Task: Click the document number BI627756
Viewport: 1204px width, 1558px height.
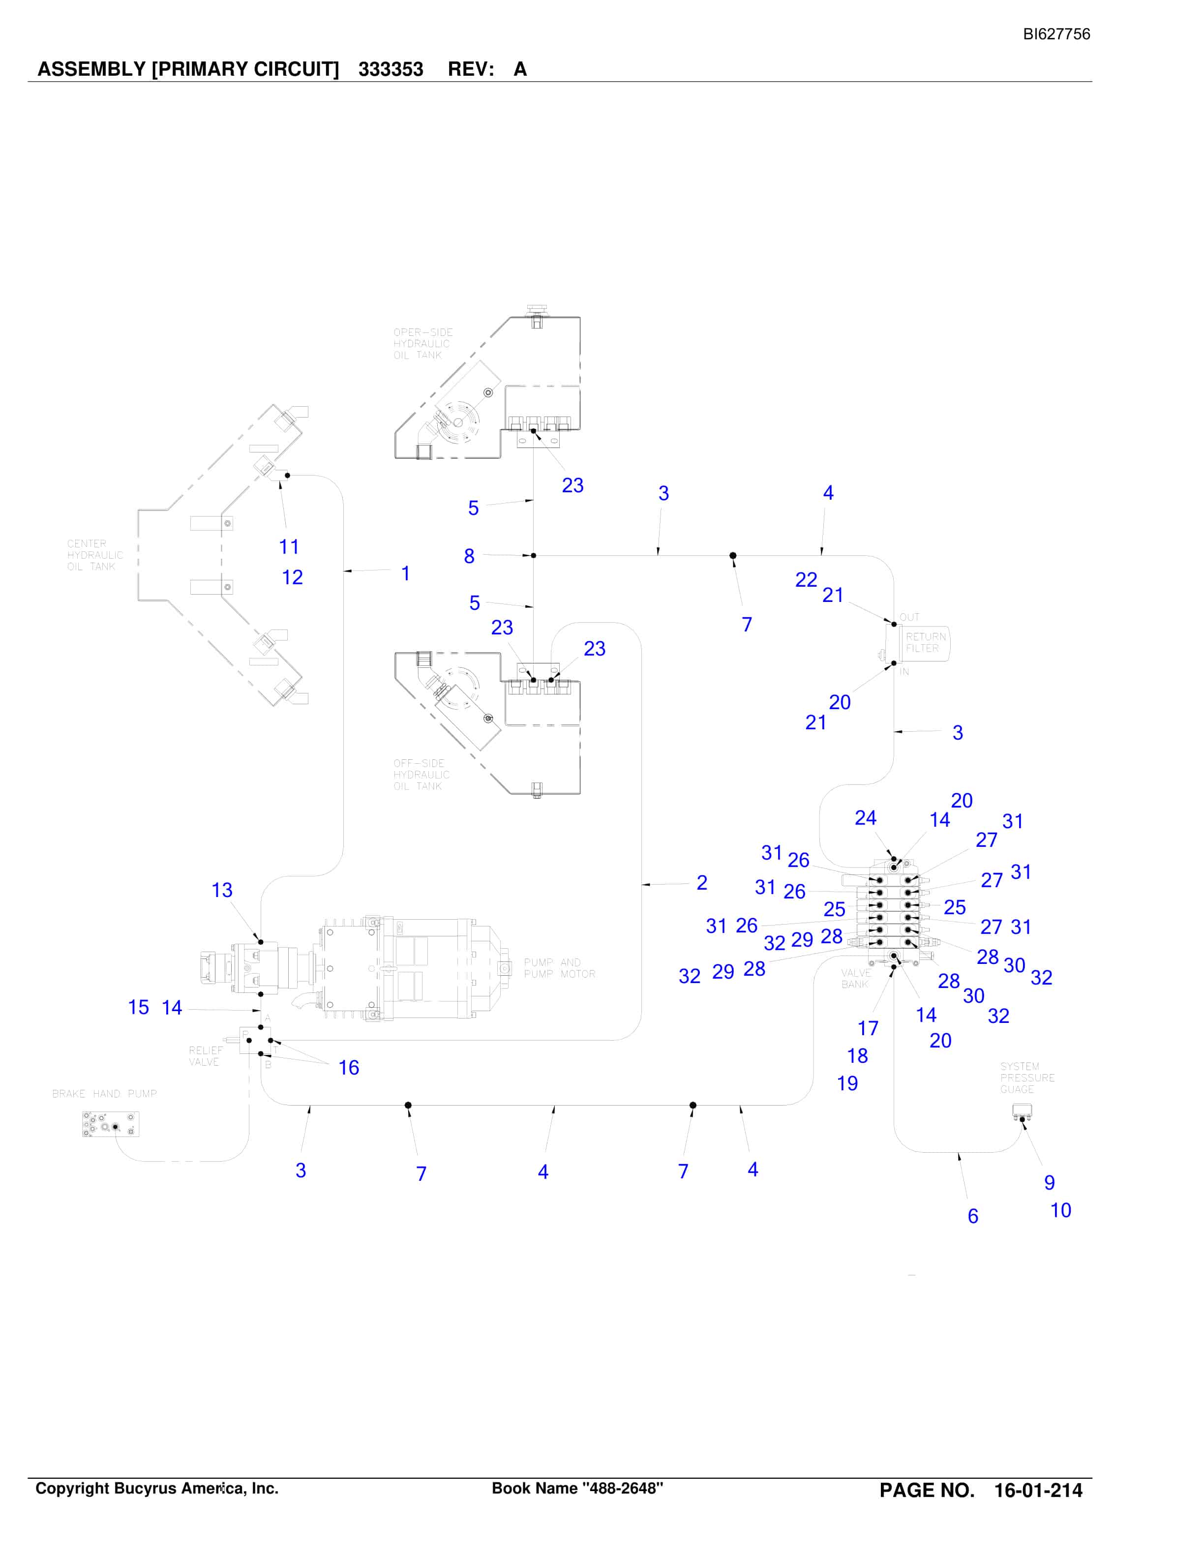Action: click(1056, 34)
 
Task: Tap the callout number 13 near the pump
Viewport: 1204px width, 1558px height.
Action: click(222, 890)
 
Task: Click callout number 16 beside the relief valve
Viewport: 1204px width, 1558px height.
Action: click(348, 1068)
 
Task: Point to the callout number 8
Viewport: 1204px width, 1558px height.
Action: click(469, 556)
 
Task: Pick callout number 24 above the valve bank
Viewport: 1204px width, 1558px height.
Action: click(865, 818)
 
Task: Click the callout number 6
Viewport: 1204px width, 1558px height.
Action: click(972, 1216)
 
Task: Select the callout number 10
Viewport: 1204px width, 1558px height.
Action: click(1061, 1211)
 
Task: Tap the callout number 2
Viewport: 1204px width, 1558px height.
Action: click(702, 883)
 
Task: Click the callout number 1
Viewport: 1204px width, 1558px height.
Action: click(405, 573)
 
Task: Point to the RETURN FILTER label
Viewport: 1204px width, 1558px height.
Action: click(926, 643)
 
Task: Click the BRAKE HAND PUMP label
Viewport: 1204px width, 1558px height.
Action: click(104, 1094)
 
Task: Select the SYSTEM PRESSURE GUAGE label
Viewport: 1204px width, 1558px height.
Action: click(1027, 1078)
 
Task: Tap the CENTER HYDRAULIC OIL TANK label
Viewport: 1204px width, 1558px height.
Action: click(95, 555)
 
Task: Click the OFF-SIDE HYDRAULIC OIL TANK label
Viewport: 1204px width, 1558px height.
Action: click(421, 775)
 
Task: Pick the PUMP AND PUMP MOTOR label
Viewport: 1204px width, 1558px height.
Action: click(560, 968)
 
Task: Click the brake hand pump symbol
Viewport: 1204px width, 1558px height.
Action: click(111, 1124)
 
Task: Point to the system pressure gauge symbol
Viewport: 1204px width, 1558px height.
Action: click(1023, 1111)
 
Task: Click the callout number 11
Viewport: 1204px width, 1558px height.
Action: click(289, 547)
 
